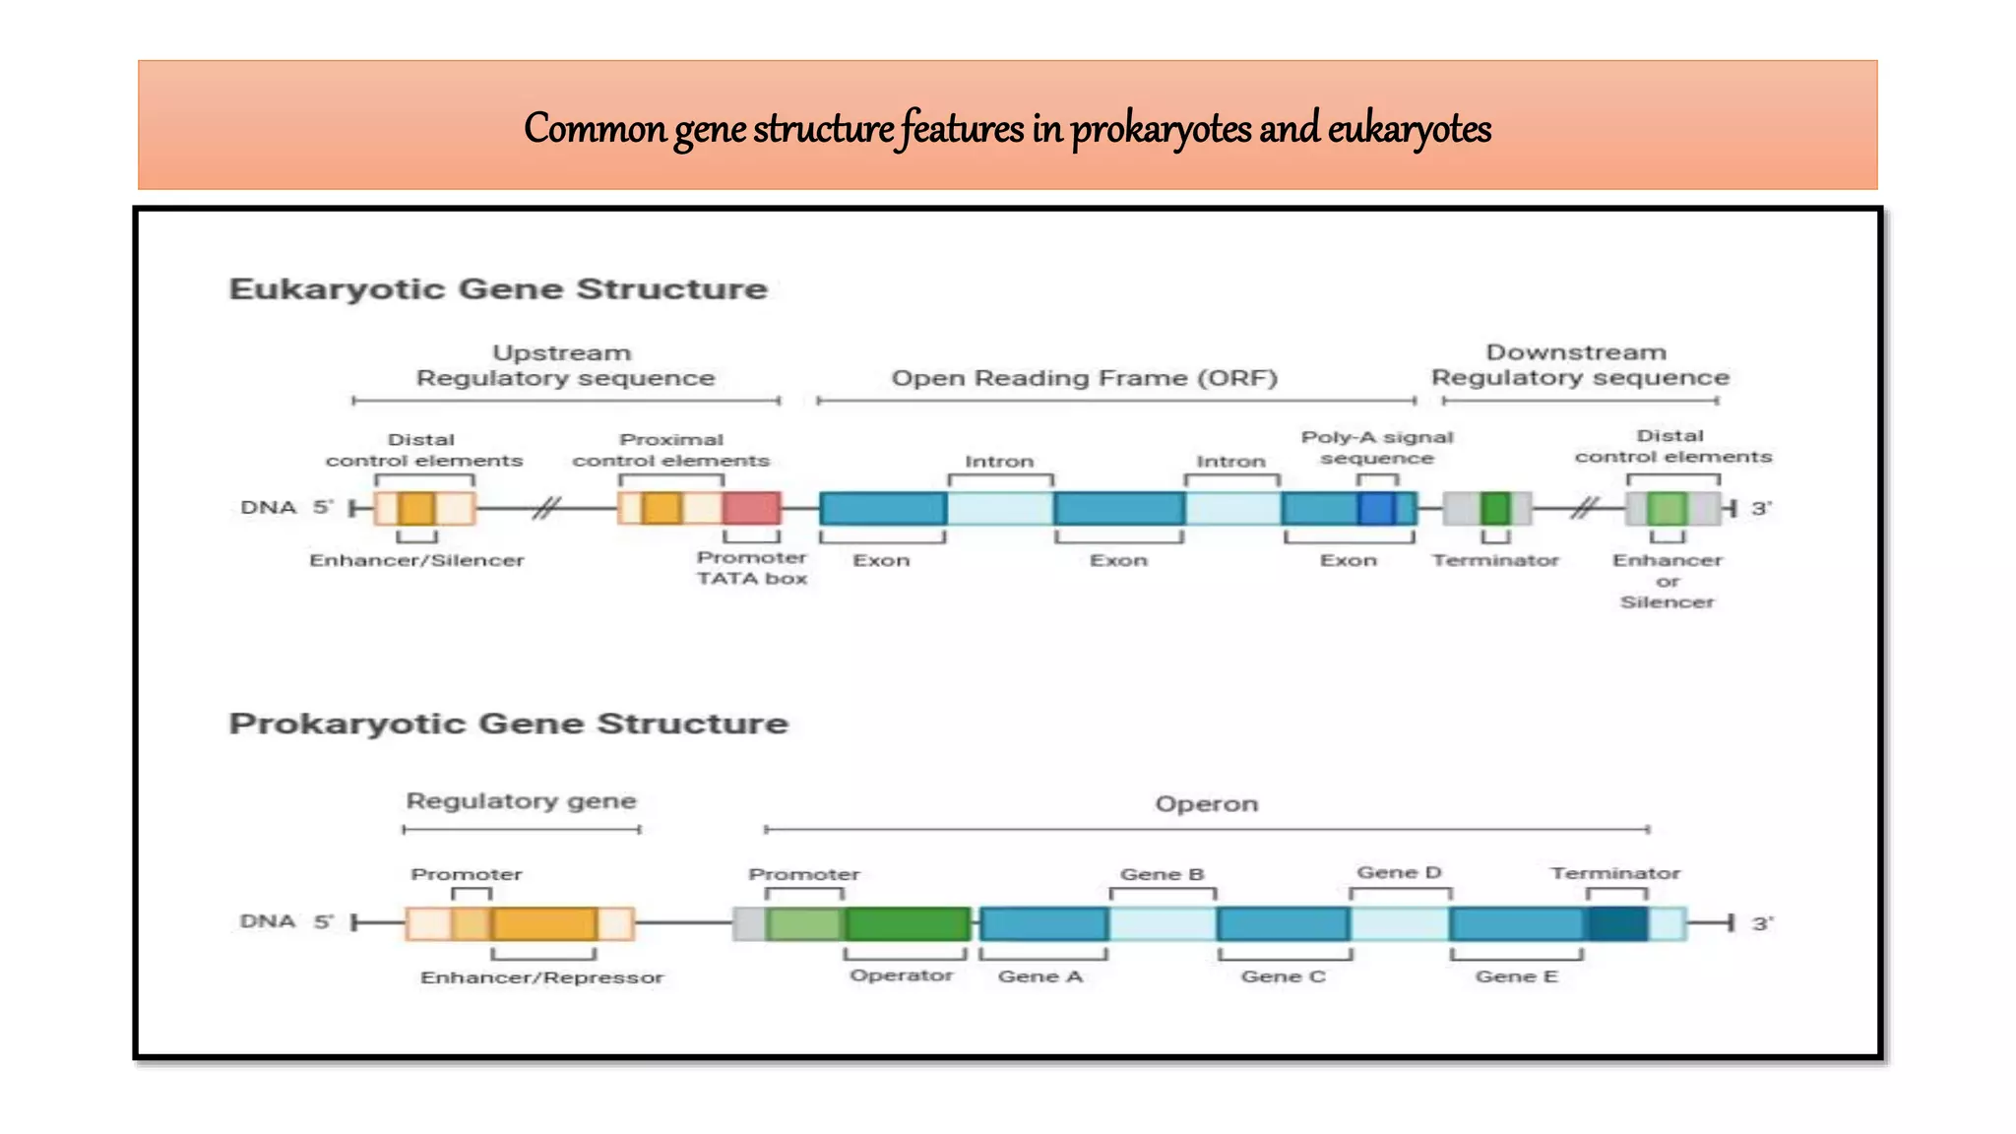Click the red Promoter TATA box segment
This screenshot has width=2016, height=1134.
point(751,508)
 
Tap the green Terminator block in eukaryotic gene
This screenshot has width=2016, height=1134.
point(1494,508)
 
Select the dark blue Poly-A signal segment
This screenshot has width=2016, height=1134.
point(1376,508)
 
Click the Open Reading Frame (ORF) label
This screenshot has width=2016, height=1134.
point(1084,379)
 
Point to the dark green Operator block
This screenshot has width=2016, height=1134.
point(907,923)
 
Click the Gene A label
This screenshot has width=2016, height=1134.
point(1040,976)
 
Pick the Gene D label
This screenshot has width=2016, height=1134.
point(1399,873)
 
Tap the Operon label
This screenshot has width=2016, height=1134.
point(1206,804)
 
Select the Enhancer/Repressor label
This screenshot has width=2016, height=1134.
point(541,977)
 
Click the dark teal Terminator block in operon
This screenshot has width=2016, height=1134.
point(1616,923)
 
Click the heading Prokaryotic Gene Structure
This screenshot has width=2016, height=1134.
point(508,724)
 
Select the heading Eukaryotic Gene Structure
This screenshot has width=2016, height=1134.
point(497,289)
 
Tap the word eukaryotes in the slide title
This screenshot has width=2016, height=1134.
point(1409,129)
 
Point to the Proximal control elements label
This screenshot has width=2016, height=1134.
point(670,450)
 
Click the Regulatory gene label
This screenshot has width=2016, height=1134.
point(521,801)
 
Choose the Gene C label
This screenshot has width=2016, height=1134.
point(1283,976)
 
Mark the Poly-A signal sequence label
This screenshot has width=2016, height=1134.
point(1376,448)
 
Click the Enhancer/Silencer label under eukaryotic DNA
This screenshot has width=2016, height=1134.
point(416,560)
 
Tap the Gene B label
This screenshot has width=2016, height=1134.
point(1162,874)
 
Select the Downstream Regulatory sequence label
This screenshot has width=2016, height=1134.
point(1579,365)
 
